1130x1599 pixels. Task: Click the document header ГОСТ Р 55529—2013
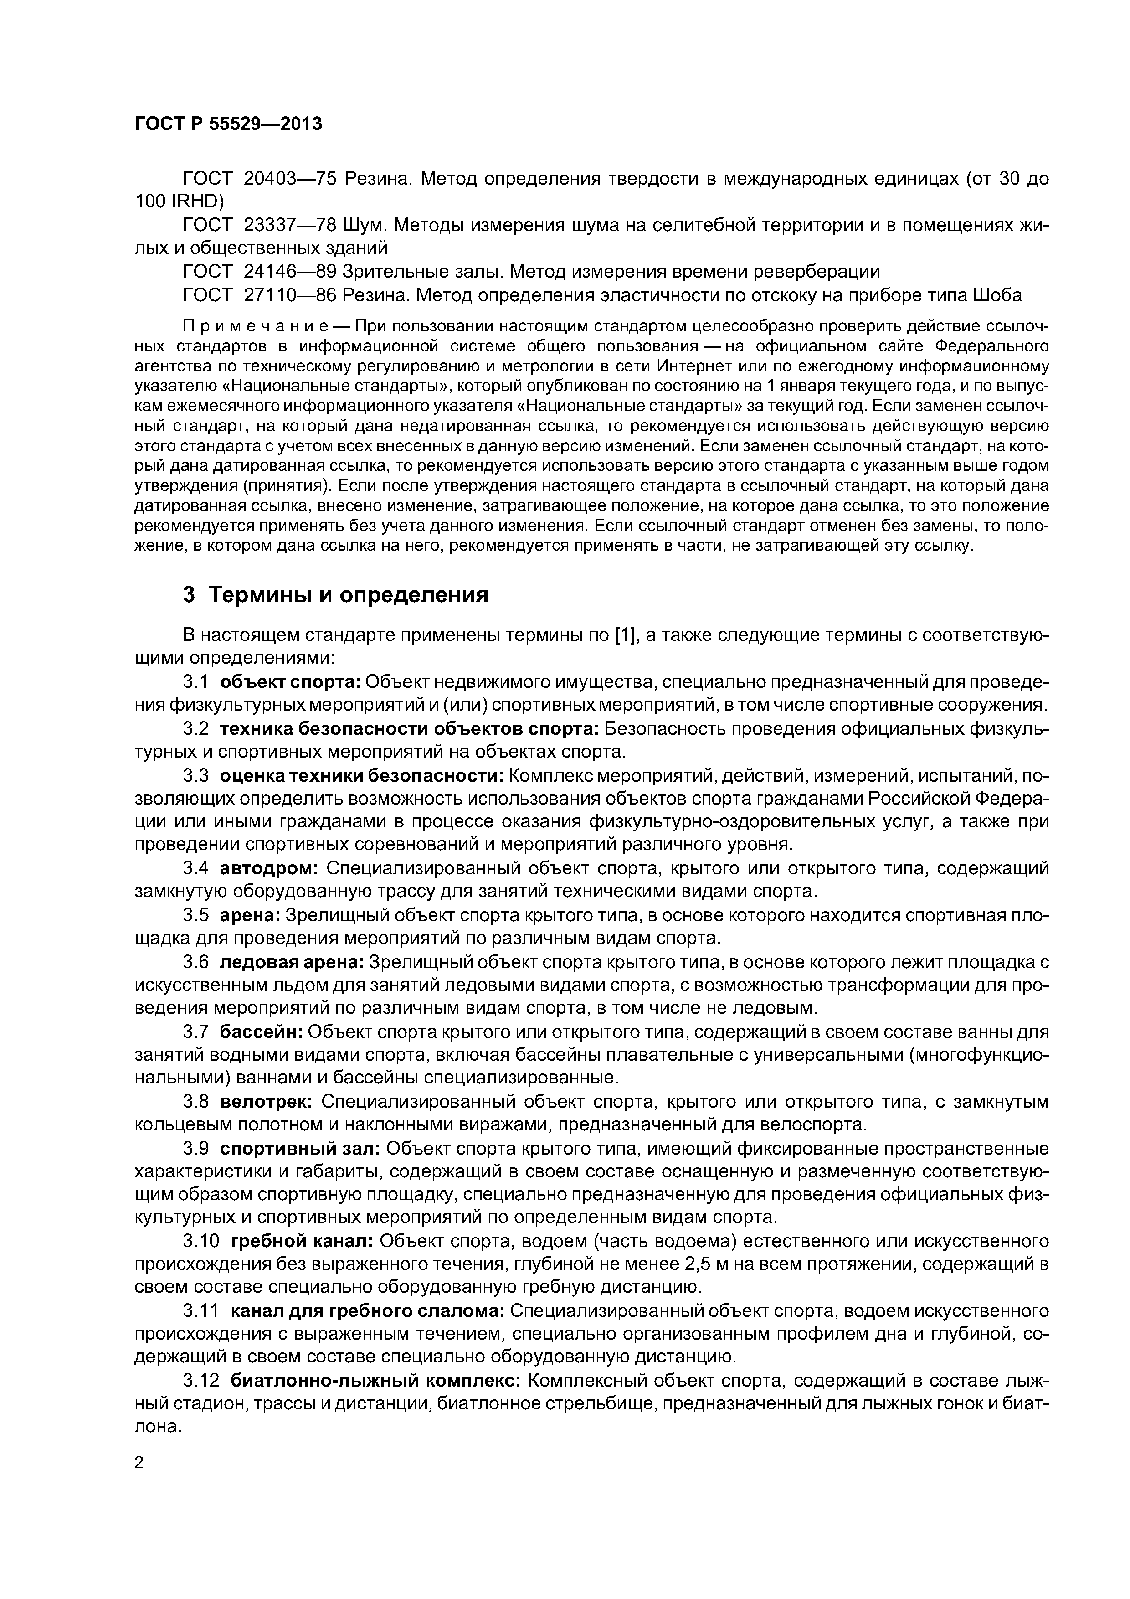coord(228,124)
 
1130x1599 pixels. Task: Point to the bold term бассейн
coord(260,1032)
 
